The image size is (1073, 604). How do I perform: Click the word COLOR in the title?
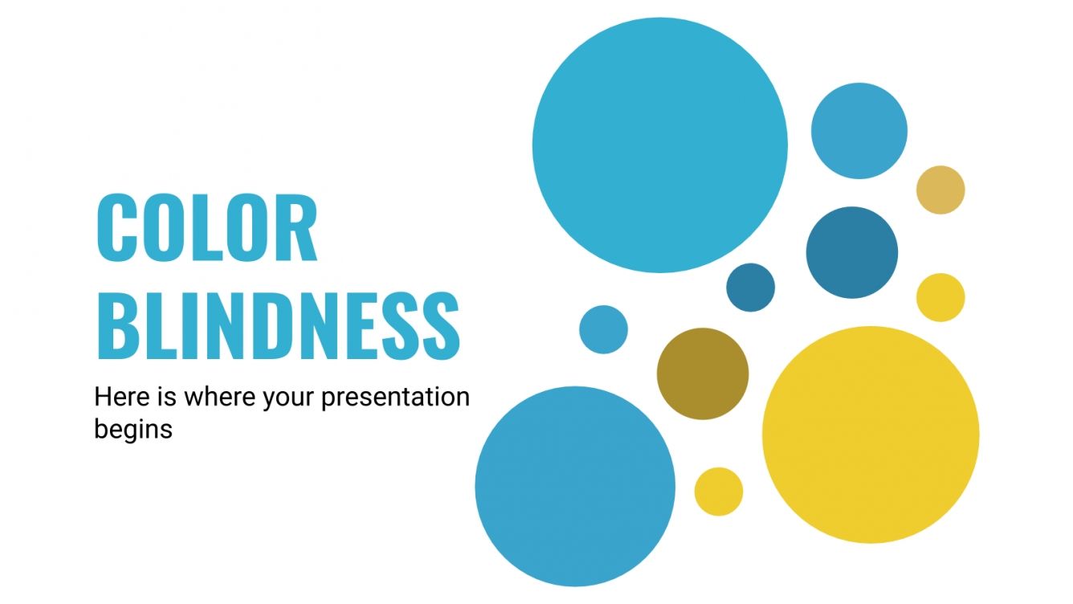(x=206, y=228)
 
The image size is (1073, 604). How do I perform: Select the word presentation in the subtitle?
(x=395, y=397)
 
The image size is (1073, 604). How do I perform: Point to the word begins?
(x=133, y=428)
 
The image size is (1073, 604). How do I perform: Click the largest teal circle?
(x=659, y=145)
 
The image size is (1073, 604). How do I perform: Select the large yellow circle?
(x=871, y=435)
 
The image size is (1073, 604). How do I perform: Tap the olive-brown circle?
(x=703, y=373)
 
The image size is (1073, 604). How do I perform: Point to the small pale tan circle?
(x=940, y=190)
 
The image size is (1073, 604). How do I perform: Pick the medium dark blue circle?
(x=852, y=252)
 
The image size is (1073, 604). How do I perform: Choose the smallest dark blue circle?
(x=751, y=287)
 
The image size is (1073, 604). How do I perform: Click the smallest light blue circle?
(x=603, y=329)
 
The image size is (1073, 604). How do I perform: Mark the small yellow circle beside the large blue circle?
(x=719, y=492)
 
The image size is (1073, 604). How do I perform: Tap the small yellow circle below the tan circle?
(x=940, y=297)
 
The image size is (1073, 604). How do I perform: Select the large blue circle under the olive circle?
(x=575, y=487)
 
